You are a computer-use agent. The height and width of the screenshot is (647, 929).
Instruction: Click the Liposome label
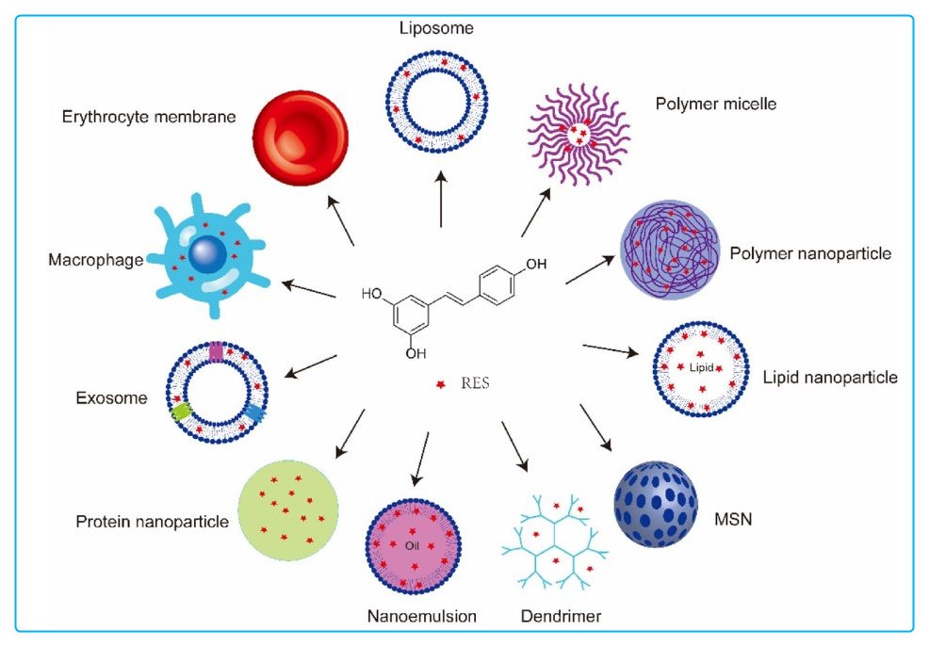436,28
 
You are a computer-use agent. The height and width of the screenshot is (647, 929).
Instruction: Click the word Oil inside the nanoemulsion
411,545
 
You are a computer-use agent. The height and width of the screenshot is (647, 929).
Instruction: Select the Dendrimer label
561,617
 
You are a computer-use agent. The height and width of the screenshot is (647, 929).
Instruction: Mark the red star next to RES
439,384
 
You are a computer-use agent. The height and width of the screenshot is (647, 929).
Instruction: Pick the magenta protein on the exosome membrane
216,351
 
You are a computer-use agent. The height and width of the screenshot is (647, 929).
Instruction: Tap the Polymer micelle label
716,104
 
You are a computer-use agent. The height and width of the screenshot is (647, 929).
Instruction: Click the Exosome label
111,397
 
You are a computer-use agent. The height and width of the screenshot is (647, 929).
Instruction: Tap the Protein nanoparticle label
152,521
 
